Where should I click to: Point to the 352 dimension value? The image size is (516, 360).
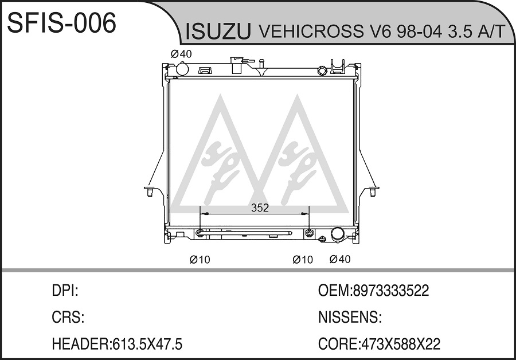tap(260, 208)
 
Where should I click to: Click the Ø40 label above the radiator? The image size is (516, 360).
tap(181, 54)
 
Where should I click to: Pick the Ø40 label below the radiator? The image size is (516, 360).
tap(340, 259)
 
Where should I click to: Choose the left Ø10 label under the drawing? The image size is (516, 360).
tap(200, 260)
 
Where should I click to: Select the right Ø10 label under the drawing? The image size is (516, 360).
tap(303, 260)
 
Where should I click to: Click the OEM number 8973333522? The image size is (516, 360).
tap(391, 291)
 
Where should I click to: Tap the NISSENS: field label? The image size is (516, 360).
tap(350, 317)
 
